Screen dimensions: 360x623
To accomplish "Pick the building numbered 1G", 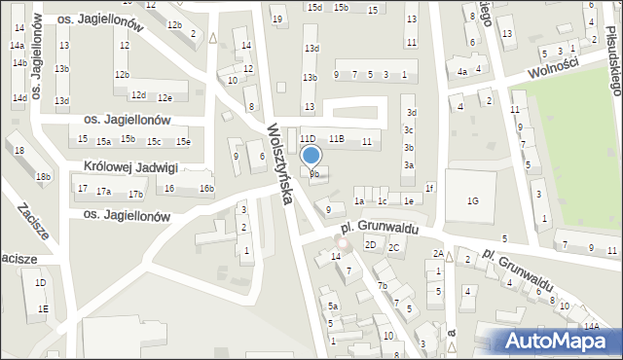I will click(x=472, y=201).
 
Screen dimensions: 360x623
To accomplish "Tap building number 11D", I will click(x=308, y=139).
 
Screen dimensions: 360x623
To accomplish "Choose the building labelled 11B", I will click(x=337, y=139).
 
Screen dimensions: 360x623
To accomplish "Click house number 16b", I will click(x=206, y=188).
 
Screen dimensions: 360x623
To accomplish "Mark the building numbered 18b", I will click(x=43, y=177).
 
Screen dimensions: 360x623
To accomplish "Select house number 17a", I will click(x=102, y=191).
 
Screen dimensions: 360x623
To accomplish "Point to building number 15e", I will click(x=182, y=142).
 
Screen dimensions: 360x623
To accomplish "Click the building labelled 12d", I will click(x=139, y=94).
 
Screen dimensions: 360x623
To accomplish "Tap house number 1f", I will click(x=429, y=187).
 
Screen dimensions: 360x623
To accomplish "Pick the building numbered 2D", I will click(x=371, y=244).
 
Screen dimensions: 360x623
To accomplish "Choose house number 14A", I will click(x=591, y=327).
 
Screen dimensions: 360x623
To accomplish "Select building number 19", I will click(x=277, y=19).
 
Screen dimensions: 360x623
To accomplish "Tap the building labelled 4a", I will click(x=463, y=71).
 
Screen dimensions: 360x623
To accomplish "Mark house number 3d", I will click(x=411, y=113).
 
